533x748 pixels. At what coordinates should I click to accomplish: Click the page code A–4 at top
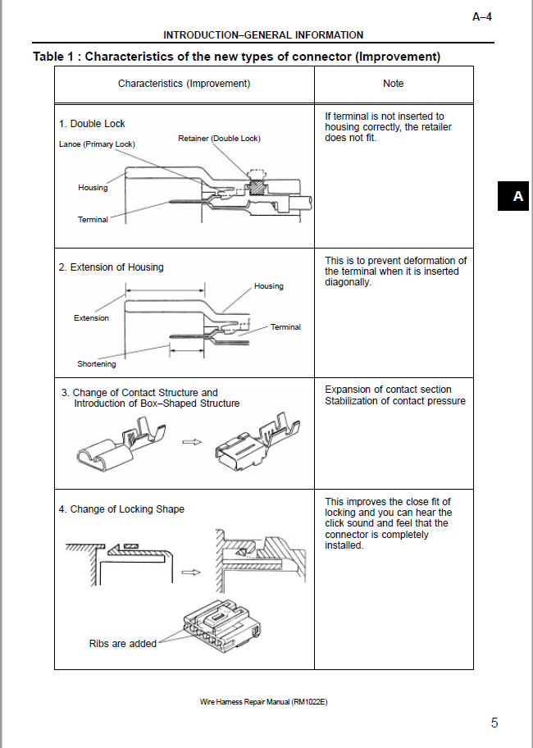tap(482, 17)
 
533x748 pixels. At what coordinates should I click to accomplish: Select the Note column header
tap(394, 84)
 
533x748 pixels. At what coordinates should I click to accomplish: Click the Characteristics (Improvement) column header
tap(184, 84)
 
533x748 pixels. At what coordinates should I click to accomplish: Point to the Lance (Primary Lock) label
tap(98, 144)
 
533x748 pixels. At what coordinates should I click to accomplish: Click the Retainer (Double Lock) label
tap(219, 139)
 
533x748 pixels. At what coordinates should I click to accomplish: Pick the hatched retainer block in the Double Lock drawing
tap(257, 185)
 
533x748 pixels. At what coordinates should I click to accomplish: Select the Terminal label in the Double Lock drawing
tap(93, 220)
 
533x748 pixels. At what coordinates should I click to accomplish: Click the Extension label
tap(91, 317)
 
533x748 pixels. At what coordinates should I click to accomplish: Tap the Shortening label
tap(96, 364)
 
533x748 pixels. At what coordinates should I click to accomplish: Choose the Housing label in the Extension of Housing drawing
tap(268, 286)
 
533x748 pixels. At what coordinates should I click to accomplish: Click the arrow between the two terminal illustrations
tap(192, 442)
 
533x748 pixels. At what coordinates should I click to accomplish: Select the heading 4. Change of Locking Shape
tap(121, 509)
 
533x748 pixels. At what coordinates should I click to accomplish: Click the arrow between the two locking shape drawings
tap(191, 572)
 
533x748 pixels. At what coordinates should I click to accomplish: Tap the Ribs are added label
tap(122, 644)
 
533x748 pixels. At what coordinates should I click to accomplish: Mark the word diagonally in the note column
tap(348, 282)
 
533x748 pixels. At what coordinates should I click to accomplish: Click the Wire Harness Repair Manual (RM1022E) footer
tap(264, 702)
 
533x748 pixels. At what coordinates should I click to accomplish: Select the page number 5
tap(494, 723)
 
